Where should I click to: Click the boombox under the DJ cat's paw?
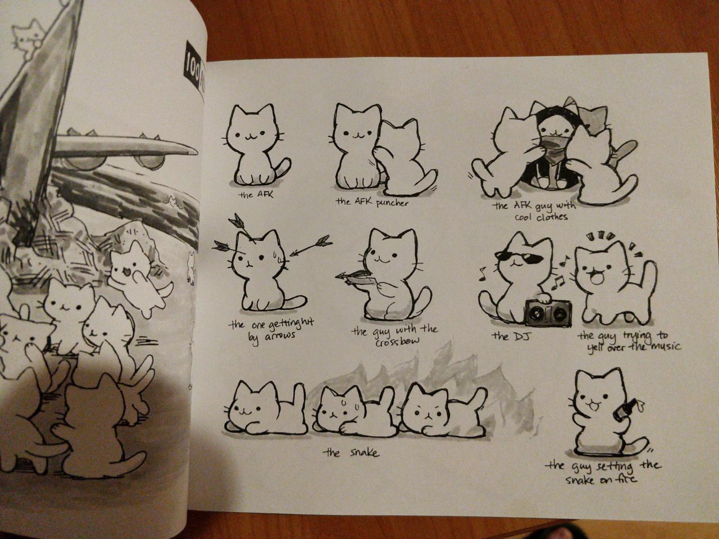(x=549, y=313)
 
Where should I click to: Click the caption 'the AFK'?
(x=256, y=195)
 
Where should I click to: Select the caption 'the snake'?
(x=351, y=453)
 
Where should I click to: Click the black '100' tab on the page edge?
(x=193, y=66)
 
